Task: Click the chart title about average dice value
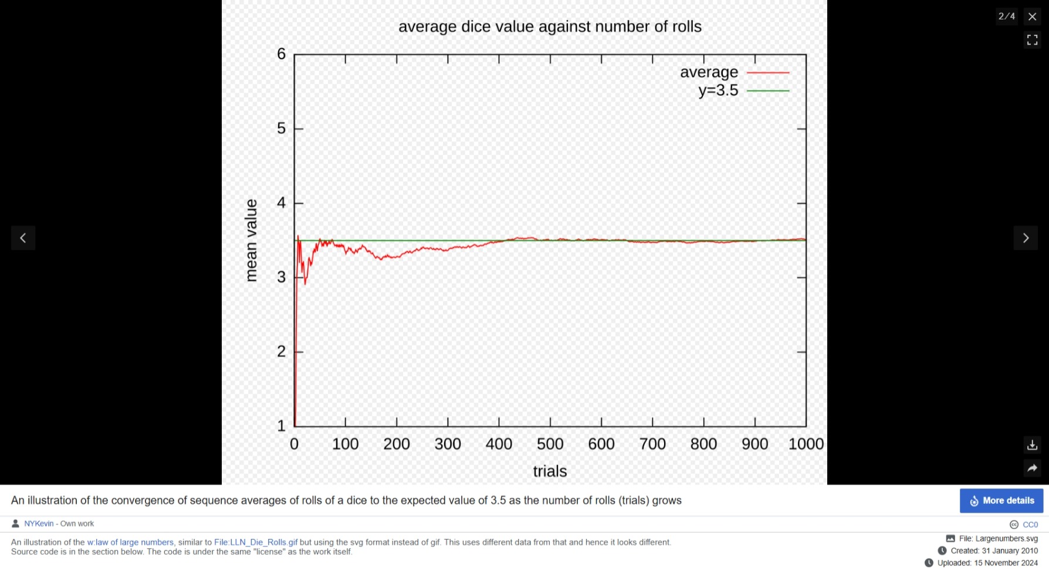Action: click(550, 27)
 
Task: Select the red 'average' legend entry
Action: click(734, 72)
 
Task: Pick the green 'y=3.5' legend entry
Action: click(743, 91)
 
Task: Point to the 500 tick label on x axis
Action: click(550, 444)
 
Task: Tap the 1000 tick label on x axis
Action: click(806, 444)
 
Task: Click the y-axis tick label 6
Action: click(282, 54)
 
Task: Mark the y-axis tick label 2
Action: click(282, 351)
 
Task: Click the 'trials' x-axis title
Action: click(550, 472)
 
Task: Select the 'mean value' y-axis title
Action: click(251, 241)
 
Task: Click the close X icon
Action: click(1033, 16)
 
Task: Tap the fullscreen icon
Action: click(1033, 40)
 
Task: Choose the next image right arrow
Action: click(1026, 238)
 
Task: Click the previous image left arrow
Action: click(23, 238)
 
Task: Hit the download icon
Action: click(1033, 445)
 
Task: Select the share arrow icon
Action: click(1033, 468)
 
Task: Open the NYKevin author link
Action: click(39, 524)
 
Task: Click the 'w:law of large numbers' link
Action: click(130, 543)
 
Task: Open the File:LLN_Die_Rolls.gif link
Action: click(256, 543)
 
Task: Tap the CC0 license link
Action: click(1030, 524)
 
